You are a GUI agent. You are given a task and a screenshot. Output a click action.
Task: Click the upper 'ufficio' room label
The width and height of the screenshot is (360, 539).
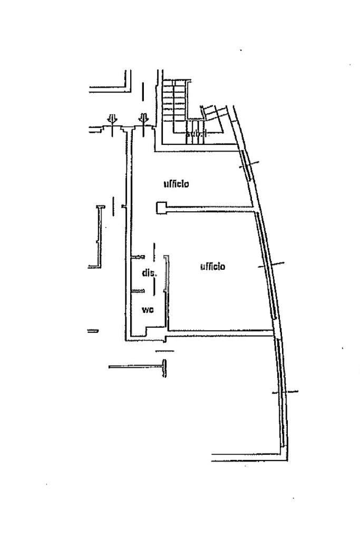click(x=176, y=184)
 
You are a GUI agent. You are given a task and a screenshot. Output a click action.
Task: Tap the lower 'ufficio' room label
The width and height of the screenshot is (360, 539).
click(x=212, y=267)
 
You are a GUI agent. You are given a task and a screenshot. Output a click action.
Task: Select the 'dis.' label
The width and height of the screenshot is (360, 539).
click(x=149, y=273)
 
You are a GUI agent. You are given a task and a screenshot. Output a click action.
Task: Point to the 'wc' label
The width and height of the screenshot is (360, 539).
click(x=148, y=310)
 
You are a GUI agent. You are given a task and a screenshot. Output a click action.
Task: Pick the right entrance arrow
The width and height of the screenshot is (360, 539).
click(x=143, y=120)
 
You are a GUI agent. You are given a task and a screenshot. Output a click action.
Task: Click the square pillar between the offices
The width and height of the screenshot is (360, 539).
click(x=161, y=208)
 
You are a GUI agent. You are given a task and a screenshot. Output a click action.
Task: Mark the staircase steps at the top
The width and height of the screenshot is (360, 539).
click(x=174, y=100)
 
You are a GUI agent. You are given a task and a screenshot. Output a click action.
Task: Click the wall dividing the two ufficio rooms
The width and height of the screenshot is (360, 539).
click(x=211, y=210)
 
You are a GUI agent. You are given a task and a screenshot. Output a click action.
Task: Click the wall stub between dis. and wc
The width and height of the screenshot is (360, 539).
click(x=139, y=290)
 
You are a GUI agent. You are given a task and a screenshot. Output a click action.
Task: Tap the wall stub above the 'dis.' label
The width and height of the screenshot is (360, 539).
click(x=138, y=257)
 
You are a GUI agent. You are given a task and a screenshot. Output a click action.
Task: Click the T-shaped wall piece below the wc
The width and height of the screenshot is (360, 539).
click(x=164, y=367)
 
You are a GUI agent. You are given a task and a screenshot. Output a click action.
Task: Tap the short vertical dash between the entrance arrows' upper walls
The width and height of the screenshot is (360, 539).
click(x=143, y=92)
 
